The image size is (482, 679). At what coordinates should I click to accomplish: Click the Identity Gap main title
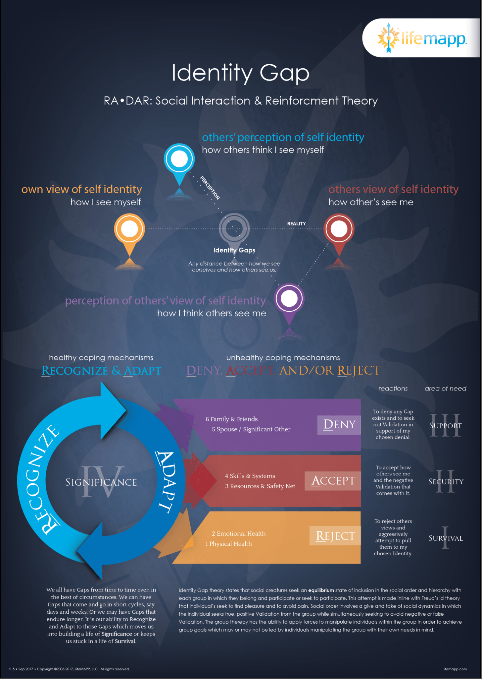coord(241,73)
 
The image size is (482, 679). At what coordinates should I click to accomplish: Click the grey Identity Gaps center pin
coord(234,229)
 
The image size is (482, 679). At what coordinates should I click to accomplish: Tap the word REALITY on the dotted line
coord(296,224)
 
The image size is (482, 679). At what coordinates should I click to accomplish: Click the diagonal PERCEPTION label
coord(210,188)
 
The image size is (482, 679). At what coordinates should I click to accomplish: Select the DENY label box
coord(339,425)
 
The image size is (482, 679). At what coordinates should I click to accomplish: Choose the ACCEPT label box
coord(332,481)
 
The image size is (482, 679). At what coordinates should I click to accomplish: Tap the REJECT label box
coord(335,536)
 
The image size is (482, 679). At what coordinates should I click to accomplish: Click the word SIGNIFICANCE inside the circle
coord(101,482)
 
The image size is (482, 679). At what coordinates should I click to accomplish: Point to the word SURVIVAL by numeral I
coord(446,538)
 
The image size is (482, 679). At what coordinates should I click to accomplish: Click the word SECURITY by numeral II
coord(446,481)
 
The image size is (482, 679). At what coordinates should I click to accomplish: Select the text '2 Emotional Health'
coord(239,533)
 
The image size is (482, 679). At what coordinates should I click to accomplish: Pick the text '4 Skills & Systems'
coord(250,476)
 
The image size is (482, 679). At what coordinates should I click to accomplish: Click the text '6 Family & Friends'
coord(231,419)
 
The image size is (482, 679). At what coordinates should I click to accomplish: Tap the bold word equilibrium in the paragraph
coord(321,590)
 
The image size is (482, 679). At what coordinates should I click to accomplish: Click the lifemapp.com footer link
coord(455,669)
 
